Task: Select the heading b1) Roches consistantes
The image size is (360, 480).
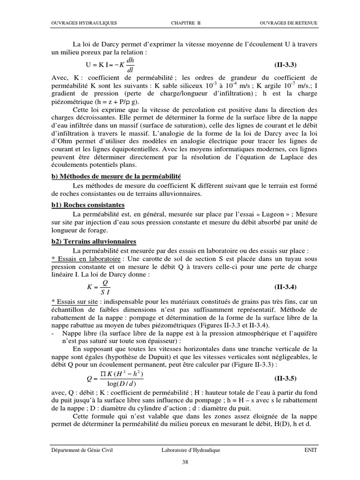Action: [x=88, y=205]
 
